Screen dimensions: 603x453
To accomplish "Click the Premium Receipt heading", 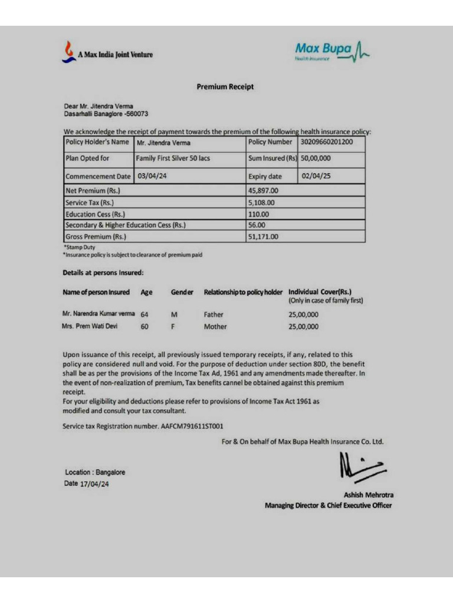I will point(225,87).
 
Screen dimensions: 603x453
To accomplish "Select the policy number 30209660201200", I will point(327,142).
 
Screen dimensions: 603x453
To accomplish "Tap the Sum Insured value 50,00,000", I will point(316,158).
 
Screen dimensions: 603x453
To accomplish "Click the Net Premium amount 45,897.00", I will point(264,191).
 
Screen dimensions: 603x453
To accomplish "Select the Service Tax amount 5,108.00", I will point(262,203).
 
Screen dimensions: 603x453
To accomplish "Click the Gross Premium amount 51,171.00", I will point(264,237).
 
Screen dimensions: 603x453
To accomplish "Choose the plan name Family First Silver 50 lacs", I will point(173,158).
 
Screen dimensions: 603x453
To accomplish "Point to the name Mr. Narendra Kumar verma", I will point(99,313).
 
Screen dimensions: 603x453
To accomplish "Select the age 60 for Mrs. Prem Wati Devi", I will point(145,326).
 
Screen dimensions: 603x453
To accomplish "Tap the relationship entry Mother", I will point(215,326).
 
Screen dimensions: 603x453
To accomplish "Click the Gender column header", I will point(182,292).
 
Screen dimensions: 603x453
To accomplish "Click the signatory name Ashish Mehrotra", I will point(369,495).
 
